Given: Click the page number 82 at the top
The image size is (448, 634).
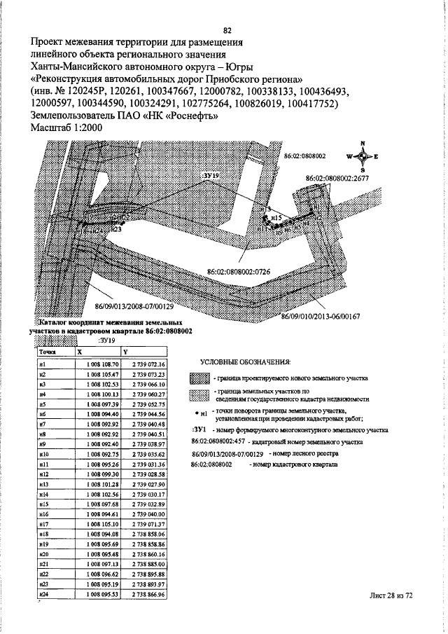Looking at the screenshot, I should click(x=227, y=30).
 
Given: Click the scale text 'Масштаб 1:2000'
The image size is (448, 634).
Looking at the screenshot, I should click(x=66, y=128).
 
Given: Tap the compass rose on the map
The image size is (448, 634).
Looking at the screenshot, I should click(x=363, y=156).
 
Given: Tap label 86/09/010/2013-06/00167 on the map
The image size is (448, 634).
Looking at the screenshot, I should click(x=320, y=316).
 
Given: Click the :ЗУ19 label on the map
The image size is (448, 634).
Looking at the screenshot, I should click(x=211, y=170).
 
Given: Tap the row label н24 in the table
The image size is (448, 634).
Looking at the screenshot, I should click(x=43, y=594).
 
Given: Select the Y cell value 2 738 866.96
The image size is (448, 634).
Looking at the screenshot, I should click(x=148, y=594).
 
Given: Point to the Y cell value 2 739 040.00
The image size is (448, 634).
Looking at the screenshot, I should click(x=148, y=514).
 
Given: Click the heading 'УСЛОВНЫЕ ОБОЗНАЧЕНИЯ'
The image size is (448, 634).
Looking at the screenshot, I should click(x=245, y=362).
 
